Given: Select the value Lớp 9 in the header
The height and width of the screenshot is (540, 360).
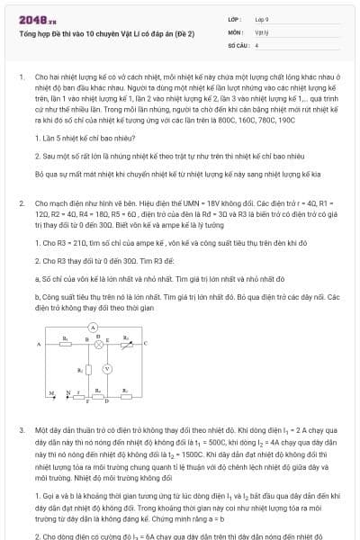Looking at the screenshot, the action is pyautogui.click(x=261, y=18).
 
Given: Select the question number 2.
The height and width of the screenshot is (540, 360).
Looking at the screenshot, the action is pyautogui.click(x=21, y=204).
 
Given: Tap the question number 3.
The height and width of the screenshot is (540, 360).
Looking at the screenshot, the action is pyautogui.click(x=21, y=431).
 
